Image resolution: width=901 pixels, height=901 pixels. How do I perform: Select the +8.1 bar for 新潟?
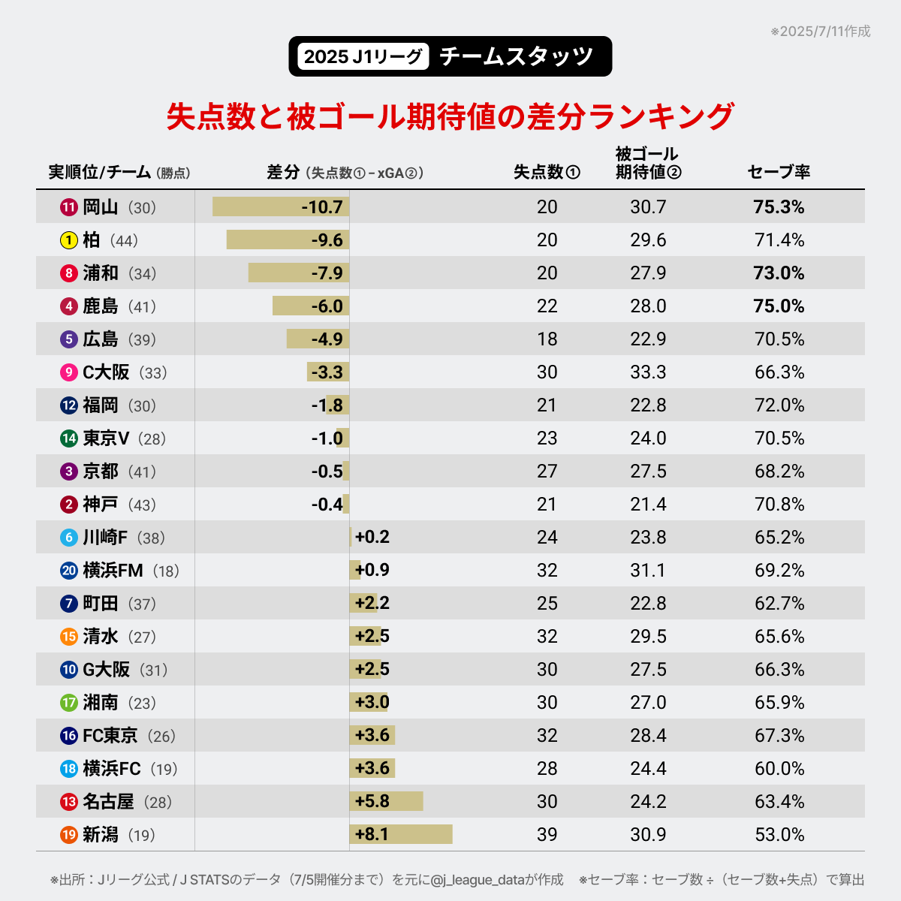[x=401, y=834]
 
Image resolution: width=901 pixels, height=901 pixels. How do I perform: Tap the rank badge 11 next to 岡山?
[x=69, y=207]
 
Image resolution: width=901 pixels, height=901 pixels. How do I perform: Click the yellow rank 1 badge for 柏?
[x=69, y=240]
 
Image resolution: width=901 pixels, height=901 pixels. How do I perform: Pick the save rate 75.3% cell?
[x=779, y=207]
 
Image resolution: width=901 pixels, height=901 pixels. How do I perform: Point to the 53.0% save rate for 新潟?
[x=779, y=834]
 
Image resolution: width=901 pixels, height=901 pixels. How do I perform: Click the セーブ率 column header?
[x=779, y=172]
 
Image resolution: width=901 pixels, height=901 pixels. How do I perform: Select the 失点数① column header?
[x=547, y=172]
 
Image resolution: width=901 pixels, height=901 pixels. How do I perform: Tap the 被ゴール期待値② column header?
[x=648, y=163]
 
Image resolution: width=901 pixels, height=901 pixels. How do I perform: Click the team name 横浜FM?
[x=113, y=571]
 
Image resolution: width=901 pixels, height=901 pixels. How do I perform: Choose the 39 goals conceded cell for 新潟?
[x=547, y=834]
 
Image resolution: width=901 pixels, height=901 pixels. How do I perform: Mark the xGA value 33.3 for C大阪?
[x=648, y=372]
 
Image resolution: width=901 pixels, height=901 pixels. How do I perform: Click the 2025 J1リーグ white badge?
[x=363, y=56]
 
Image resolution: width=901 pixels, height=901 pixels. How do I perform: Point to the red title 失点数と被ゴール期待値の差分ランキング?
[x=450, y=116]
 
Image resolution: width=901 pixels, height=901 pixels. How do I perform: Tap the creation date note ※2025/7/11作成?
[x=820, y=32]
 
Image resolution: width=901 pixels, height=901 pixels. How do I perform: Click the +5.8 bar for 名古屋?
[x=386, y=801]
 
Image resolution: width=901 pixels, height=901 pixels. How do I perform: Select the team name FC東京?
[x=110, y=736]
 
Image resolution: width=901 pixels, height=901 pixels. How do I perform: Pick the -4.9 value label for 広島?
[x=327, y=339]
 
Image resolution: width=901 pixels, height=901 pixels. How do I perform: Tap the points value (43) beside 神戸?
[x=142, y=505]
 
